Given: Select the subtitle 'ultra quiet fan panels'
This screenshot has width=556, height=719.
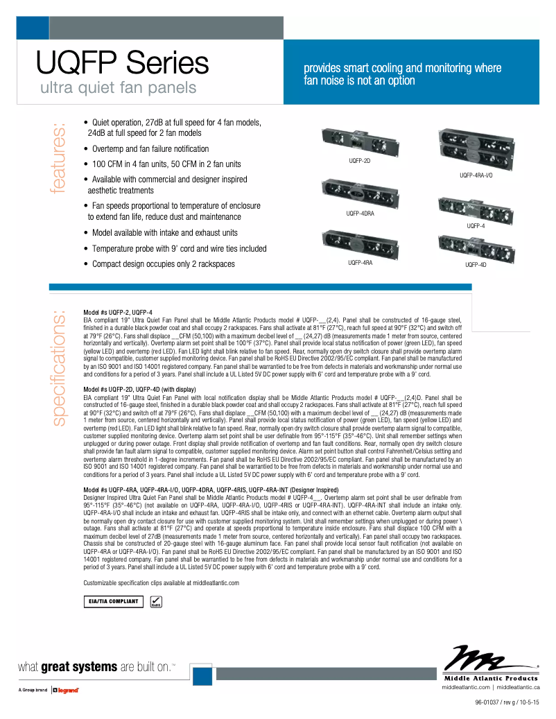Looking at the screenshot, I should click(x=118, y=88).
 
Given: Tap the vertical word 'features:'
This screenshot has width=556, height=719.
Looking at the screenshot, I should click(x=58, y=157).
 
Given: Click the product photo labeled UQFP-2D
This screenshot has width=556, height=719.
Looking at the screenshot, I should click(x=359, y=143).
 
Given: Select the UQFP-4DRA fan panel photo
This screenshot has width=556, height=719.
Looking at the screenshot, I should click(x=360, y=192).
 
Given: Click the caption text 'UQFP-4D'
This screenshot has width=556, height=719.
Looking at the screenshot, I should click(x=476, y=264).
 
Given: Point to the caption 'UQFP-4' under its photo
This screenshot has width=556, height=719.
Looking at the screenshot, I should click(x=476, y=226).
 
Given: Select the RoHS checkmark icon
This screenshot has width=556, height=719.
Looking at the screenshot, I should click(x=157, y=602).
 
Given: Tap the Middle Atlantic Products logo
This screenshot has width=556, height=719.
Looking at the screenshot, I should click(x=490, y=664).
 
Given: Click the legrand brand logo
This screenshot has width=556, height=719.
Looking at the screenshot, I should click(x=67, y=691).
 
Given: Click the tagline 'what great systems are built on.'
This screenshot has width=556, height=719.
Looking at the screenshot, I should click(x=97, y=667).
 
